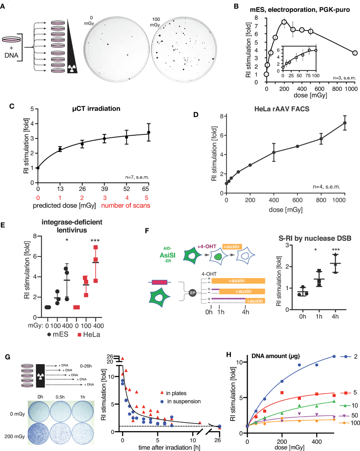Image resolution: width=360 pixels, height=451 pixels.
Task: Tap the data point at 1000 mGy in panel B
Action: pos(354,53)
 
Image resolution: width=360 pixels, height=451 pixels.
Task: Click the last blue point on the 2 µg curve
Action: pos(334,356)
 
